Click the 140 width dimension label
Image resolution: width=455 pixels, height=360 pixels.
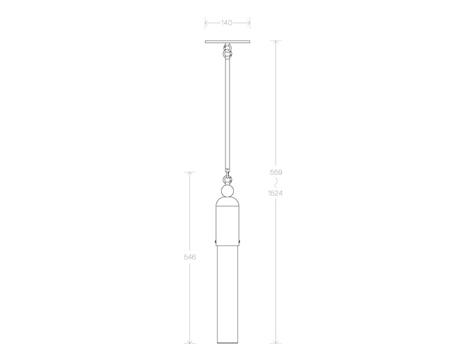[x=227, y=23]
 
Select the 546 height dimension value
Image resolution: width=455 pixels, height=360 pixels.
[x=189, y=257]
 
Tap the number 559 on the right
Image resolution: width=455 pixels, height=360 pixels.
[x=276, y=173]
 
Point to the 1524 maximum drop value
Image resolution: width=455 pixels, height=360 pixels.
[x=276, y=193]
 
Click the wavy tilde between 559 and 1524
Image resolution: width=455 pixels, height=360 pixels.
[x=276, y=182]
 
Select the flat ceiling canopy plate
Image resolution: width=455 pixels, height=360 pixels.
[x=227, y=42]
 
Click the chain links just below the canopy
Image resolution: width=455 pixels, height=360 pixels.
[x=227, y=52]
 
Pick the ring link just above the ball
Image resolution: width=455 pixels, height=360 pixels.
[x=227, y=179]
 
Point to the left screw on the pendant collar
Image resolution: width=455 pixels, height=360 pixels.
[x=215, y=242]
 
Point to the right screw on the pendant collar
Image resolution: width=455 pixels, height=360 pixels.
[x=240, y=242]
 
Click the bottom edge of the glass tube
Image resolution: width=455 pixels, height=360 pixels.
[x=227, y=343]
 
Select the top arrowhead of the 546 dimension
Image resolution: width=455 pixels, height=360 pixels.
[x=189, y=173]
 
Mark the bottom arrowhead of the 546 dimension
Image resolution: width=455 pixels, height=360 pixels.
[x=189, y=342]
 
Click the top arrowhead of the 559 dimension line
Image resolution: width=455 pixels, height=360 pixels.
[x=276, y=42]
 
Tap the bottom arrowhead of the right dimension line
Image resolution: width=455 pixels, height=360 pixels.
[x=276, y=342]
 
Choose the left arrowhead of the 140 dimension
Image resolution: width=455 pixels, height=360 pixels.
[x=206, y=23]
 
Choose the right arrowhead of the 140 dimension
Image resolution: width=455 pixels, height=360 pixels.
[x=249, y=23]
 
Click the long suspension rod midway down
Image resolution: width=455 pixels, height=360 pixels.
[x=227, y=113]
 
